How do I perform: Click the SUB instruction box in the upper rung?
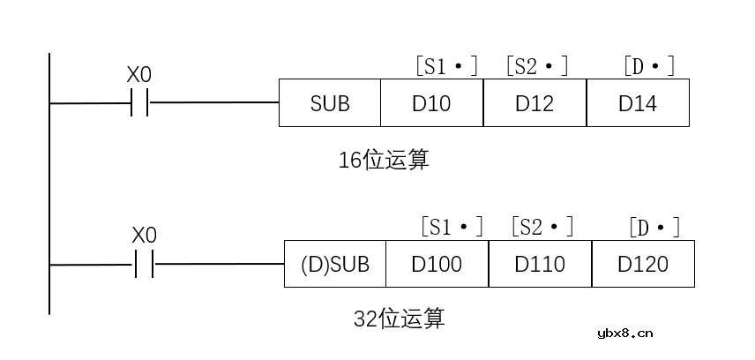tap(330, 103)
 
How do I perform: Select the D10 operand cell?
tap(431, 103)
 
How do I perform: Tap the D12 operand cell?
tap(534, 103)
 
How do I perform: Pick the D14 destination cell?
tap(638, 103)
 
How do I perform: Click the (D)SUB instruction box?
tap(335, 264)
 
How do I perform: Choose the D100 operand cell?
tap(437, 264)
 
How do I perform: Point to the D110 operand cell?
tap(540, 264)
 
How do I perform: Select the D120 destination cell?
tap(643, 264)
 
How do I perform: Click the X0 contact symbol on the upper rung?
tap(139, 103)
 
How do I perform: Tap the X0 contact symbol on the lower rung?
tap(144, 264)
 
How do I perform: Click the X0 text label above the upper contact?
tap(139, 75)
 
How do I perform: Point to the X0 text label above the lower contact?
tap(144, 236)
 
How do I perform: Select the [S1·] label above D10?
tap(445, 66)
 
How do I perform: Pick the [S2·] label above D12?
tap(536, 66)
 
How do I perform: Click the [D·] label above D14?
tap(648, 66)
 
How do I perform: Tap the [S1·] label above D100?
tap(451, 227)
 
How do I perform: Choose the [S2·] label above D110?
tap(542, 227)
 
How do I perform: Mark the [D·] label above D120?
tap(654, 227)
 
